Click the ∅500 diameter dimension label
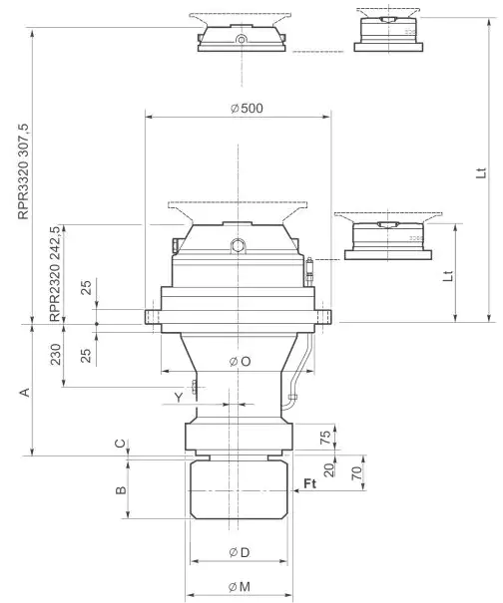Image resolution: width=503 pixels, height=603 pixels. coord(239,109)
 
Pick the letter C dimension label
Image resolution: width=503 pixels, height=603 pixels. coord(122,444)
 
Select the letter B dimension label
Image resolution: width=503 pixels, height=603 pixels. coord(121,489)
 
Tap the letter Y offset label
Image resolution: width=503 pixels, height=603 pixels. coord(179,397)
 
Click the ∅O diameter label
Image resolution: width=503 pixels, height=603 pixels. coord(239,361)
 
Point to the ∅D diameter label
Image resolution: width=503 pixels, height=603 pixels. coord(239,551)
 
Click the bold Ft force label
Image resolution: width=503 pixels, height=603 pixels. coord(311,483)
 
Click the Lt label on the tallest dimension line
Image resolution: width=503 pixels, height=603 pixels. coord(480,171)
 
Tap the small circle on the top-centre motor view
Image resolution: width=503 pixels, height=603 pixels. coord(241,39)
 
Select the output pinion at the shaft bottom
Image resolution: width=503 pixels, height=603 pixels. coord(239,490)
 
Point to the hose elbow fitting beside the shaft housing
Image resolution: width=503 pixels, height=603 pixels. coord(289,402)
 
